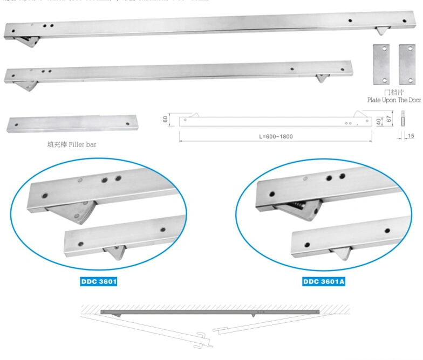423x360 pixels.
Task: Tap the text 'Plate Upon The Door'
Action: [x=393, y=100]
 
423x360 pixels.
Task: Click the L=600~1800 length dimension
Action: [x=276, y=136]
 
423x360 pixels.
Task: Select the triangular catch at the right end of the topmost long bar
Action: [x=383, y=31]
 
